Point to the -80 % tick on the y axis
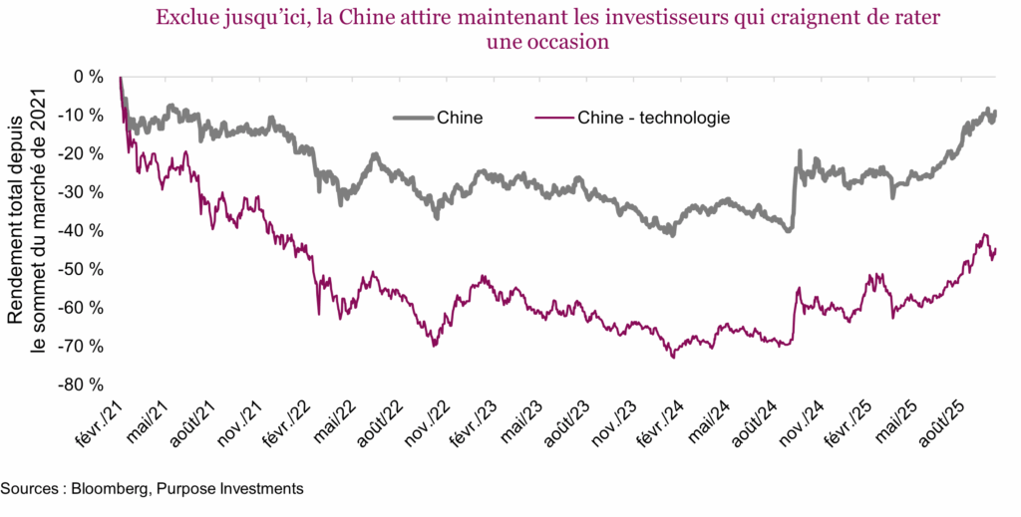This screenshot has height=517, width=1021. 83,385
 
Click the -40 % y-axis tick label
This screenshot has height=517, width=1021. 83,231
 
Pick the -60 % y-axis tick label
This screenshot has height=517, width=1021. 83,308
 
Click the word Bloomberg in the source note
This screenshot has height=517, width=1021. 111,489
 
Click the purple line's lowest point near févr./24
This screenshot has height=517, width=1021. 674,356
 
